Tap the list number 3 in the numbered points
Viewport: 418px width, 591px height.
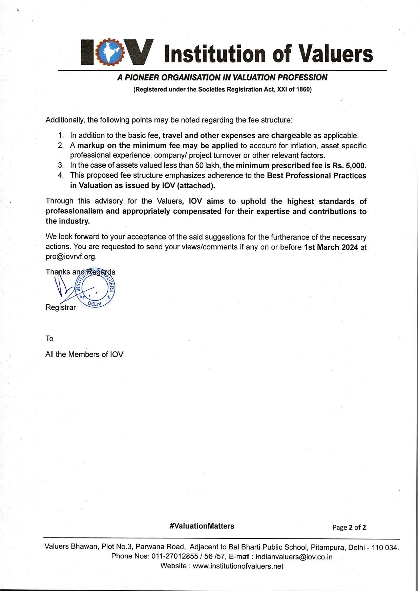point(61,165)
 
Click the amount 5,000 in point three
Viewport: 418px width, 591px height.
point(355,166)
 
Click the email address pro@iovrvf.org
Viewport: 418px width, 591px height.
point(71,256)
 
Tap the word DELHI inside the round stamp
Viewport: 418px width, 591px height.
point(95,303)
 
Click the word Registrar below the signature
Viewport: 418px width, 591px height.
point(61,307)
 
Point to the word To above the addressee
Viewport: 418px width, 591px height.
point(49,339)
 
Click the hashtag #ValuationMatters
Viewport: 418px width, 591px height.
point(202,526)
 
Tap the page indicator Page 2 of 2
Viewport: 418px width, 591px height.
point(349,527)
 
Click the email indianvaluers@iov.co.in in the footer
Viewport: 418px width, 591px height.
point(294,557)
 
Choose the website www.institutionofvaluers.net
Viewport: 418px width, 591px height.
point(238,566)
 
